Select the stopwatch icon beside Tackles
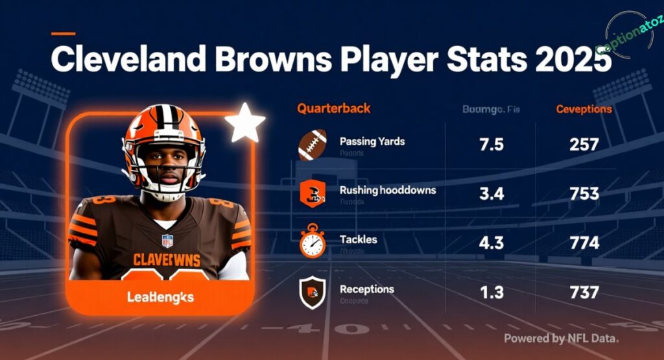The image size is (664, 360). click(x=312, y=243)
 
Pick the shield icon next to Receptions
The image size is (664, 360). click(x=312, y=293)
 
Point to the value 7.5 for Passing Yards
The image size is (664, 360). click(x=491, y=145)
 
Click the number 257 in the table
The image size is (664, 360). click(x=584, y=145)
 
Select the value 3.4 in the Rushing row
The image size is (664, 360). click(x=491, y=194)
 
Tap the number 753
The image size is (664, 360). click(x=584, y=194)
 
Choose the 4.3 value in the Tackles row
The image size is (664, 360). click(x=491, y=244)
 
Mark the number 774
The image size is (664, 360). click(x=584, y=244)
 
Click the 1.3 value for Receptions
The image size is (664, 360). click(x=491, y=293)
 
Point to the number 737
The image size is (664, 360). click(x=584, y=293)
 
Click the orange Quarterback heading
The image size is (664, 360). click(x=334, y=108)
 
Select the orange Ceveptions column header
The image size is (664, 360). click(x=584, y=109)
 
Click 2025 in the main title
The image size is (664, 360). click(x=571, y=60)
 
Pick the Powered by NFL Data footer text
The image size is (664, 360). click(x=561, y=338)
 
